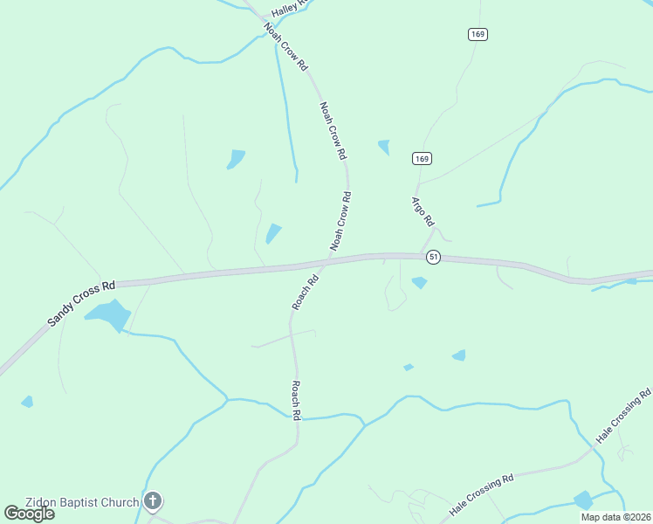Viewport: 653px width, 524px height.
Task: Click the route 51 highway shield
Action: coord(433,257)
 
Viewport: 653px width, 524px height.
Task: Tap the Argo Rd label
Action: coord(423,211)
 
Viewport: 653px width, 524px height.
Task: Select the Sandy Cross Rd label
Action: coord(81,303)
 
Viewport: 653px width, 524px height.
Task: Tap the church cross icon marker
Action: coord(153,501)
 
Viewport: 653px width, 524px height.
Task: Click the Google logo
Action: coord(29,513)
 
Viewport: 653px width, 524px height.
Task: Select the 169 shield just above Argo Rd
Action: coord(422,158)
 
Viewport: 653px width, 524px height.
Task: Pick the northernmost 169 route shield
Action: coord(477,34)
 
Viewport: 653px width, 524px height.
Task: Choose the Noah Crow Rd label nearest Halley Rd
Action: coord(286,47)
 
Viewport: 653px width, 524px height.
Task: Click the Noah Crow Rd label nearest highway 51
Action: coord(340,221)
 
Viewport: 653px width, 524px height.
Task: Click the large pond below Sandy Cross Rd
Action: coord(110,314)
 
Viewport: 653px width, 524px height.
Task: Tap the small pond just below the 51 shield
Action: coord(420,282)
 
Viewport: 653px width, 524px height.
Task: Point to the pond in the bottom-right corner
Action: coord(583,500)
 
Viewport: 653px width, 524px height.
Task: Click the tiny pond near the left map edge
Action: coord(27,402)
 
